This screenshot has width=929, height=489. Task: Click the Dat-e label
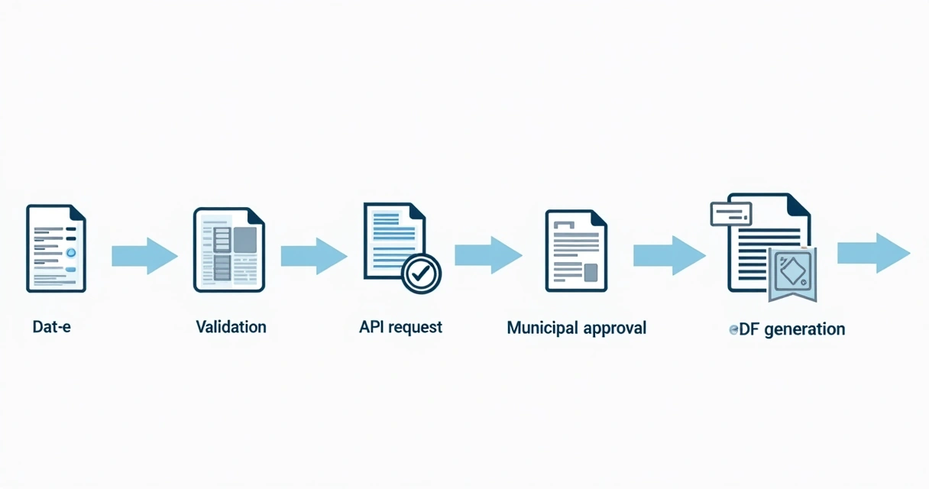pos(52,327)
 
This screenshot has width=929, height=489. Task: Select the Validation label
pos(231,327)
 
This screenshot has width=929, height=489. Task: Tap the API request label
pos(400,327)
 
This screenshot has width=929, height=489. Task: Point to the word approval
pos(614,329)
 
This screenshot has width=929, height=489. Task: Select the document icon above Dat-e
pos(56,248)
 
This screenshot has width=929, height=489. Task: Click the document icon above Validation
pos(228,250)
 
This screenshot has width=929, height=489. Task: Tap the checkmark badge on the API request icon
pos(421,274)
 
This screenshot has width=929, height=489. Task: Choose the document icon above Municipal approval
pos(575,251)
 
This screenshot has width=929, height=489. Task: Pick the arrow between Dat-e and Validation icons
pos(144,256)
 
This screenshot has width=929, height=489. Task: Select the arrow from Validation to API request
pos(313,256)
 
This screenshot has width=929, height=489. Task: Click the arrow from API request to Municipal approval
pos(488,255)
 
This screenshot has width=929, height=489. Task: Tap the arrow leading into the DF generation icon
pos(669,255)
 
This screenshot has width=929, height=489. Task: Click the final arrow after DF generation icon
pos(873,253)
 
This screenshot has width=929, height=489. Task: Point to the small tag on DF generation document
pos(731,214)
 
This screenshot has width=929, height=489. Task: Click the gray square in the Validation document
pos(244,240)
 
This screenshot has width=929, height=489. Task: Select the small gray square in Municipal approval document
pos(590,272)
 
